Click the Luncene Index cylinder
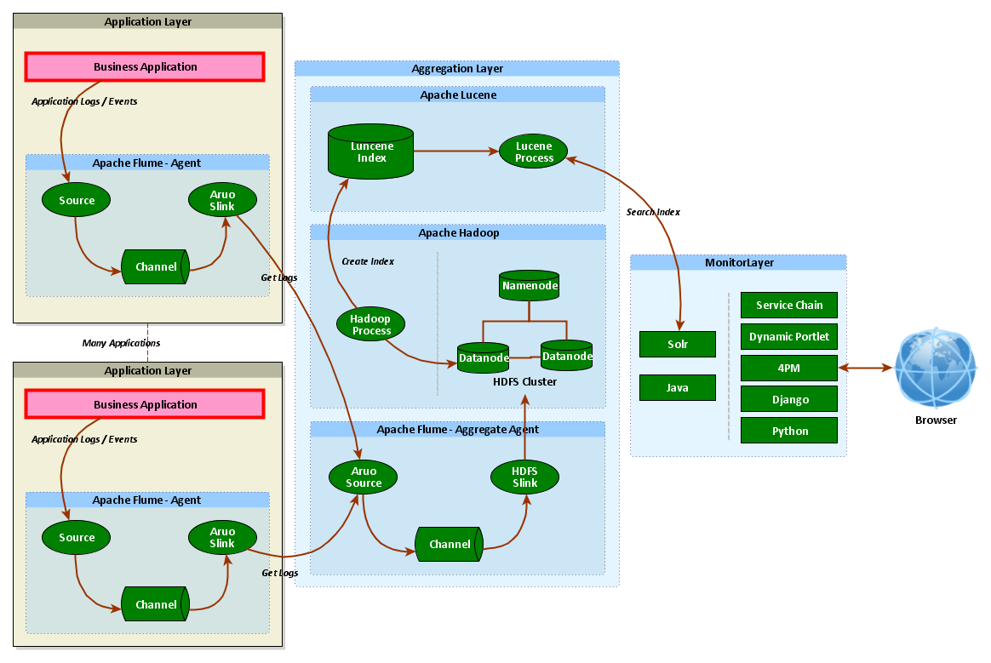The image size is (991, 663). click(371, 152)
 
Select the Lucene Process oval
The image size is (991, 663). click(534, 151)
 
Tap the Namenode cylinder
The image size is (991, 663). click(529, 286)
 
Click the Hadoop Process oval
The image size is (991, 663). click(370, 324)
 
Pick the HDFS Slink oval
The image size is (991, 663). click(524, 477)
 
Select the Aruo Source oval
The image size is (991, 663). click(364, 477)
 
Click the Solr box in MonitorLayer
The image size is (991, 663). click(678, 345)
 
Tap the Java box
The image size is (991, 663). click(678, 387)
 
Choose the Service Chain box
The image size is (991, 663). click(789, 305)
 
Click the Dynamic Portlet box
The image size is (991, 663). click(789, 336)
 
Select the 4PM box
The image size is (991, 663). click(789, 368)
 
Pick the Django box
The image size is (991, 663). click(789, 399)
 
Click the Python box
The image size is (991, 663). click(789, 431)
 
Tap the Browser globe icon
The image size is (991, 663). click(936, 368)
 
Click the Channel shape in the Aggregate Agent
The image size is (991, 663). click(449, 544)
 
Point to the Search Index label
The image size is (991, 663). click(653, 212)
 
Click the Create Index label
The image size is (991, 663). click(368, 261)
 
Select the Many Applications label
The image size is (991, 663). click(121, 343)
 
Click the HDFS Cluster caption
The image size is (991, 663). click(524, 381)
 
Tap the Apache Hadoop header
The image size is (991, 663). click(458, 232)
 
